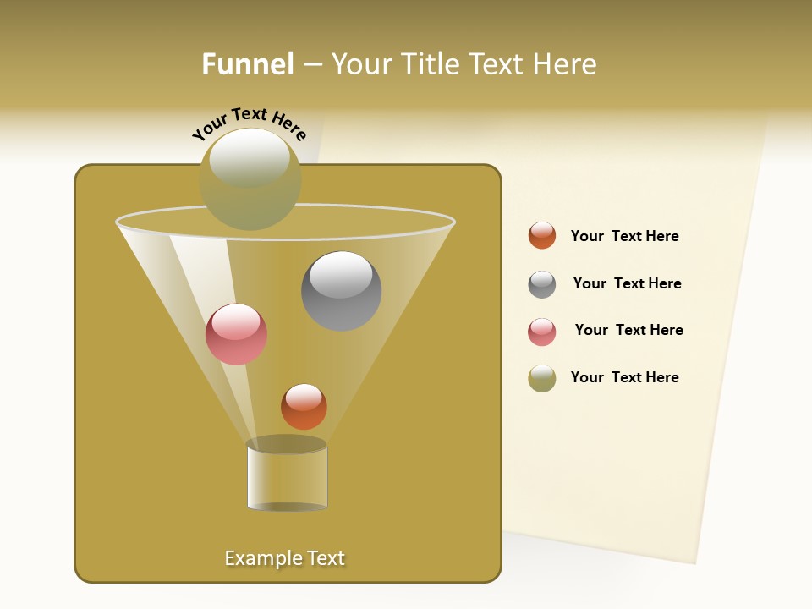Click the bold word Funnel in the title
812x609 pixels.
point(247,64)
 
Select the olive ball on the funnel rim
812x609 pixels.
point(250,179)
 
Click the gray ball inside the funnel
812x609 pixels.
point(341,291)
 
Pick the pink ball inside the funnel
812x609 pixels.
point(236,334)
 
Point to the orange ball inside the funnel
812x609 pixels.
point(304,406)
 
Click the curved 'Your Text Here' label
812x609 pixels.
point(250,123)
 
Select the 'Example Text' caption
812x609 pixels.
point(284,558)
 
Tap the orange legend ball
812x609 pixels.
point(542,235)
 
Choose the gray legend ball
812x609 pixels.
point(542,284)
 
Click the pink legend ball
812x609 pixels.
point(542,332)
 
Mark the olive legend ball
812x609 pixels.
point(542,378)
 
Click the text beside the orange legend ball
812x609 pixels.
point(624,236)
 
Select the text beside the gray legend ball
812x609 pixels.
point(627,283)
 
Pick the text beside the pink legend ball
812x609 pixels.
point(628,330)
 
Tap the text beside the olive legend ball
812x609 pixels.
point(624,377)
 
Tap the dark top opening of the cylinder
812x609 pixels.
point(287,444)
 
